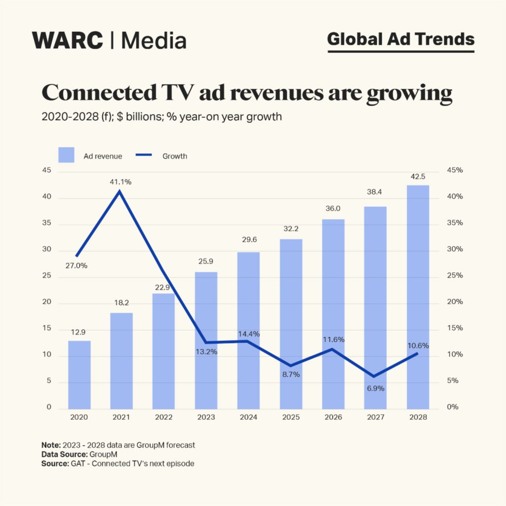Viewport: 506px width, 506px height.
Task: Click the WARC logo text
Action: (68, 40)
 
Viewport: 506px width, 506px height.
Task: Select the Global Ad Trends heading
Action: (401, 39)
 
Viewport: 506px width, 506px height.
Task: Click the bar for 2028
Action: (418, 296)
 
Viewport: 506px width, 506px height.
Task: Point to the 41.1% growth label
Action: (121, 182)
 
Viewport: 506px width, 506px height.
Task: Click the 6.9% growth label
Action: (376, 388)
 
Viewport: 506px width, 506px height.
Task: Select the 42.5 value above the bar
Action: (418, 176)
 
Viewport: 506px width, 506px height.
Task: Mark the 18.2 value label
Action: (121, 304)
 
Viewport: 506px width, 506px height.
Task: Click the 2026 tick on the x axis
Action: (333, 417)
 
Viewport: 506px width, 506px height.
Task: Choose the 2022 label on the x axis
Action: (164, 417)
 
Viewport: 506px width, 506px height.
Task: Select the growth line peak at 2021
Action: (120, 191)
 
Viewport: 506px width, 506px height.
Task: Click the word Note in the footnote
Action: (50, 445)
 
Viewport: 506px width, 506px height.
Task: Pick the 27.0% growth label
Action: (76, 265)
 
